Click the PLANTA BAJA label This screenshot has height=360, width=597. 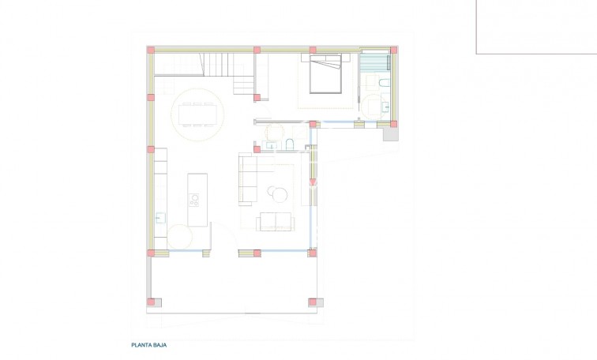point(149,345)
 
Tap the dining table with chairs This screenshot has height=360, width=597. point(197,114)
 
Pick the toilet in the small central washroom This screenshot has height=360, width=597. point(290,144)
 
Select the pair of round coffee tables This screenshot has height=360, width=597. point(279,193)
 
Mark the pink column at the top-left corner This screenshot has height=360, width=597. point(151,51)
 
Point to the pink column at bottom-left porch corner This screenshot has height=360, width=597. point(151,302)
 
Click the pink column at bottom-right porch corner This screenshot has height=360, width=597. point(313,302)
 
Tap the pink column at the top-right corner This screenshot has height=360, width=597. point(394,51)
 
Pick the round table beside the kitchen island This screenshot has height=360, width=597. point(180,237)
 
